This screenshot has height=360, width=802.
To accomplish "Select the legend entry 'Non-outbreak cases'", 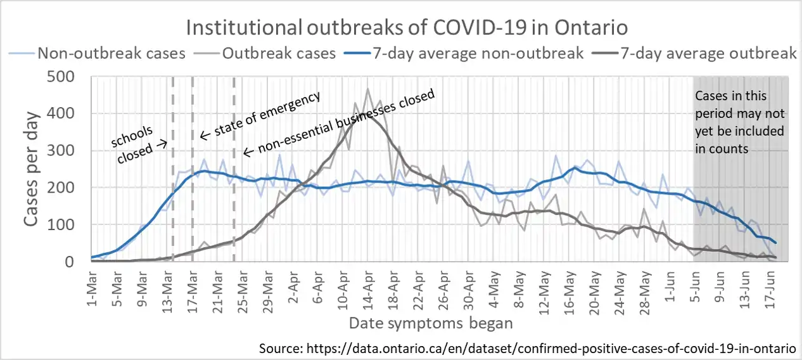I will pyautogui.click(x=111, y=53).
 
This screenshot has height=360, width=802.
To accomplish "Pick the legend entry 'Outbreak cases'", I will pyautogui.click(x=279, y=53).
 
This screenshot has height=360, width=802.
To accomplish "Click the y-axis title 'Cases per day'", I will pyautogui.click(x=32, y=169).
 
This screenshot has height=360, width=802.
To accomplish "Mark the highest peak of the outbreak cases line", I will pyautogui.click(x=367, y=89).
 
